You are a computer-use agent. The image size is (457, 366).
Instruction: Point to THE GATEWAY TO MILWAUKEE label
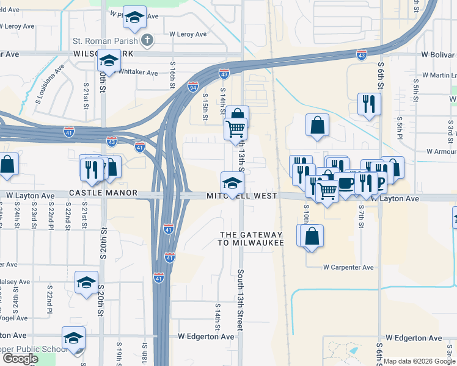pos(251,239)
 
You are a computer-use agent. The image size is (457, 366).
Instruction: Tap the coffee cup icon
pos(346,182)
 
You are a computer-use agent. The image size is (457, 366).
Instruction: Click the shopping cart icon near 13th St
pos(235,129)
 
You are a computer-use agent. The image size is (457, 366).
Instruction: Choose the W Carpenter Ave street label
pos(348,267)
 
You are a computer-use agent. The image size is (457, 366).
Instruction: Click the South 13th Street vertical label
pos(241,300)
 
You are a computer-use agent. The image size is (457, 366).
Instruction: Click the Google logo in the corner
pos(20,359)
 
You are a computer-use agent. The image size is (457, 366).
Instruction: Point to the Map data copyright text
pos(419,361)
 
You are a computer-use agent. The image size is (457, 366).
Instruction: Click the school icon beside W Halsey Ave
pos(87,282)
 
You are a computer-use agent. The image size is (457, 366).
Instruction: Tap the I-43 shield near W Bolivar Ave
pos(362,55)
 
